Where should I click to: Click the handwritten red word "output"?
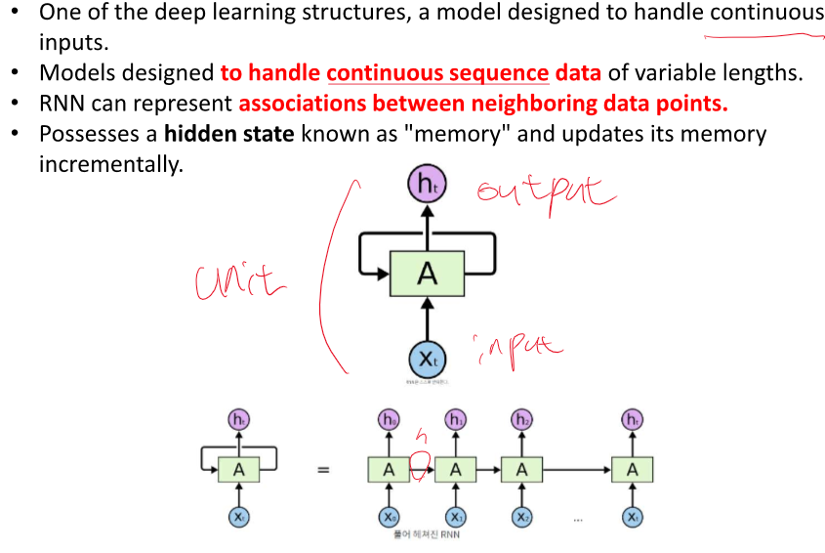click(546, 191)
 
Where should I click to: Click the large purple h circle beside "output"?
click(427, 184)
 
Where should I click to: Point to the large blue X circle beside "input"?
click(427, 359)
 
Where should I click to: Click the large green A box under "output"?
click(427, 274)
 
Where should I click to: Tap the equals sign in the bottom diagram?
click(322, 470)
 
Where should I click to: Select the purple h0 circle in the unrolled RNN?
click(389, 420)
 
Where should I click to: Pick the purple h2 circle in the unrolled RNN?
click(522, 420)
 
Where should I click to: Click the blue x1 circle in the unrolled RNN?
click(455, 517)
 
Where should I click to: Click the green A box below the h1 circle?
click(455, 470)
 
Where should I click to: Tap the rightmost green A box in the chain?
click(633, 470)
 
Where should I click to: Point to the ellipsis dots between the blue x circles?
click(578, 519)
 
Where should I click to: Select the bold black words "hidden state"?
click(228, 134)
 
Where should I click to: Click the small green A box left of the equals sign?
click(238, 470)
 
